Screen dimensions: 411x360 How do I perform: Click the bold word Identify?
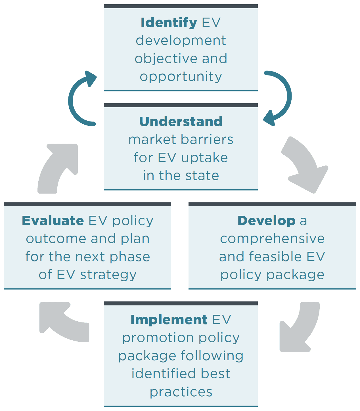click(169, 23)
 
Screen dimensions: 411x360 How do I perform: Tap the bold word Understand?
click(181, 122)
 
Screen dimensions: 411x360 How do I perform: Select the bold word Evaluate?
click(53, 221)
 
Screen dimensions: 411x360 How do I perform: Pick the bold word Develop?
click(266, 221)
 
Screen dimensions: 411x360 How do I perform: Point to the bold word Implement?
click(169, 320)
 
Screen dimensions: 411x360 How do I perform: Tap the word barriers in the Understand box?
click(207, 140)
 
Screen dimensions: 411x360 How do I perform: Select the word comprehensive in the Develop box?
click(272, 239)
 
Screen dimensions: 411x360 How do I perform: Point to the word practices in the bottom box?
click(181, 392)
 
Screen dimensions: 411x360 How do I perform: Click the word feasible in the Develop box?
click(275, 257)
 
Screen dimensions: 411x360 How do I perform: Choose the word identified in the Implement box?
click(164, 374)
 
